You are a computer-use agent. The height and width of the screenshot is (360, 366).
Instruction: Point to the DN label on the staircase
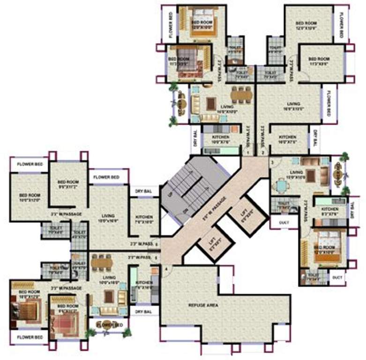click(187, 210)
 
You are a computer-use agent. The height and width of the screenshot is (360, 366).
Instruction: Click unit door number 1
click(248, 152)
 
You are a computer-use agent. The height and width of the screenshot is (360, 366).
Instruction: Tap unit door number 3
click(272, 162)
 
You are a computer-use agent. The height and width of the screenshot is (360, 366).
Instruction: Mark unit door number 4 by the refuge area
click(165, 269)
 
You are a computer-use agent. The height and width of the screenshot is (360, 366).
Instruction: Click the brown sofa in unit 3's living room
click(309, 162)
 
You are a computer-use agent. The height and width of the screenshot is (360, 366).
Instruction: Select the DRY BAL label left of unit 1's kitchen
click(194, 138)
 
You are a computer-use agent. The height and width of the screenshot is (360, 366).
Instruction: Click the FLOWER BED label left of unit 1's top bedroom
click(169, 23)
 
